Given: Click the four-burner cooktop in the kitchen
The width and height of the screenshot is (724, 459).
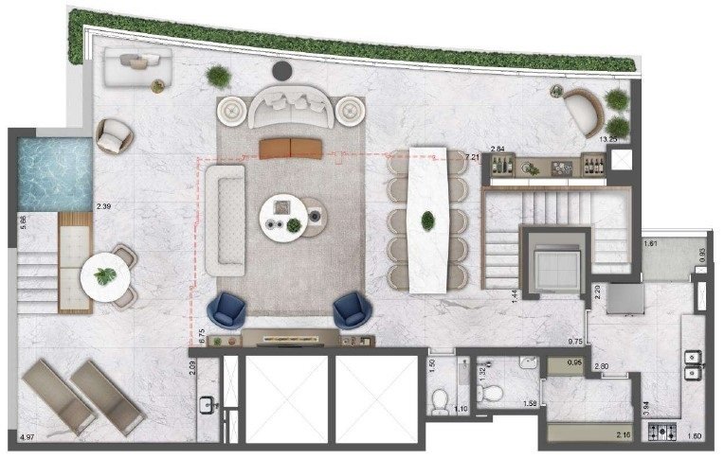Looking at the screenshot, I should click(661, 433).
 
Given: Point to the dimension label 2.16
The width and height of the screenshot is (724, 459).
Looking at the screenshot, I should click(619, 433).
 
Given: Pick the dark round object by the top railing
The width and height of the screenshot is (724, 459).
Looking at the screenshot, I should click(281, 70).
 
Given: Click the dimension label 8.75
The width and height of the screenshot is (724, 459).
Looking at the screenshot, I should click(201, 337).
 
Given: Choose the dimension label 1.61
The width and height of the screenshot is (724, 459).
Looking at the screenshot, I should click(651, 243).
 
